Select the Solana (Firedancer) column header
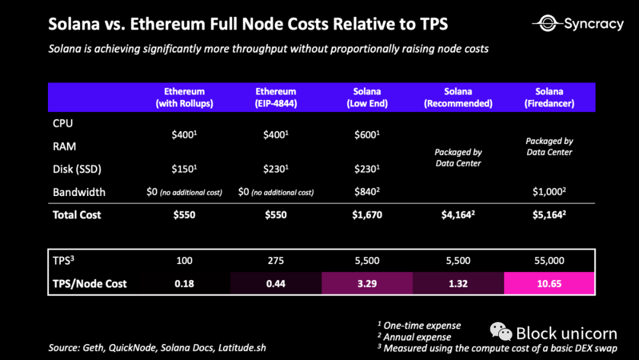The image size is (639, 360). point(549,97)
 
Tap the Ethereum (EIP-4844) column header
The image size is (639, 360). point(276,97)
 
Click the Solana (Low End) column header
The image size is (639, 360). point(367,97)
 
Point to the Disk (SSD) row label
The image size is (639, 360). point(77,169)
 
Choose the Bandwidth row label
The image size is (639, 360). point(79,192)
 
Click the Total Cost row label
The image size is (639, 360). point(77,215)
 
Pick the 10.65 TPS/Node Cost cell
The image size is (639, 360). point(549,284)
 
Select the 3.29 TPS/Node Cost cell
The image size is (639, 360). point(367,284)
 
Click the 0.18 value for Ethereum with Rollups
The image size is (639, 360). point(184,284)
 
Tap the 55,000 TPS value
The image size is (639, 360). point(549,261)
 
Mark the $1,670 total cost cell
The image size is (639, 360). point(367,215)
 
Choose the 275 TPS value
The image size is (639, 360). point(276,261)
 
